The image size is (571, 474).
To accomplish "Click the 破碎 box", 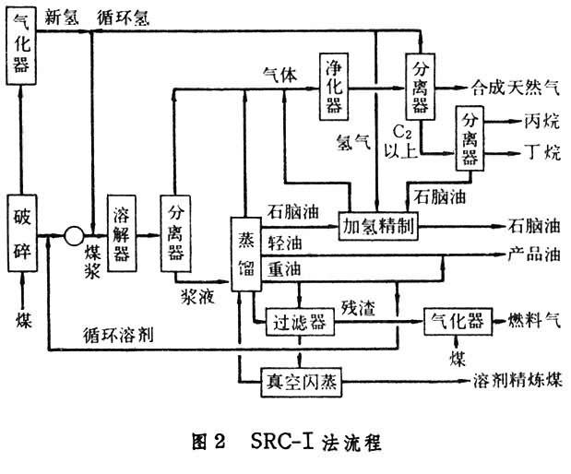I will (23, 234).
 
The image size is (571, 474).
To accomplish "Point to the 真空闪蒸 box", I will (291, 379).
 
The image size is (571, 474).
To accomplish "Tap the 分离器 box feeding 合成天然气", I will (421, 86).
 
